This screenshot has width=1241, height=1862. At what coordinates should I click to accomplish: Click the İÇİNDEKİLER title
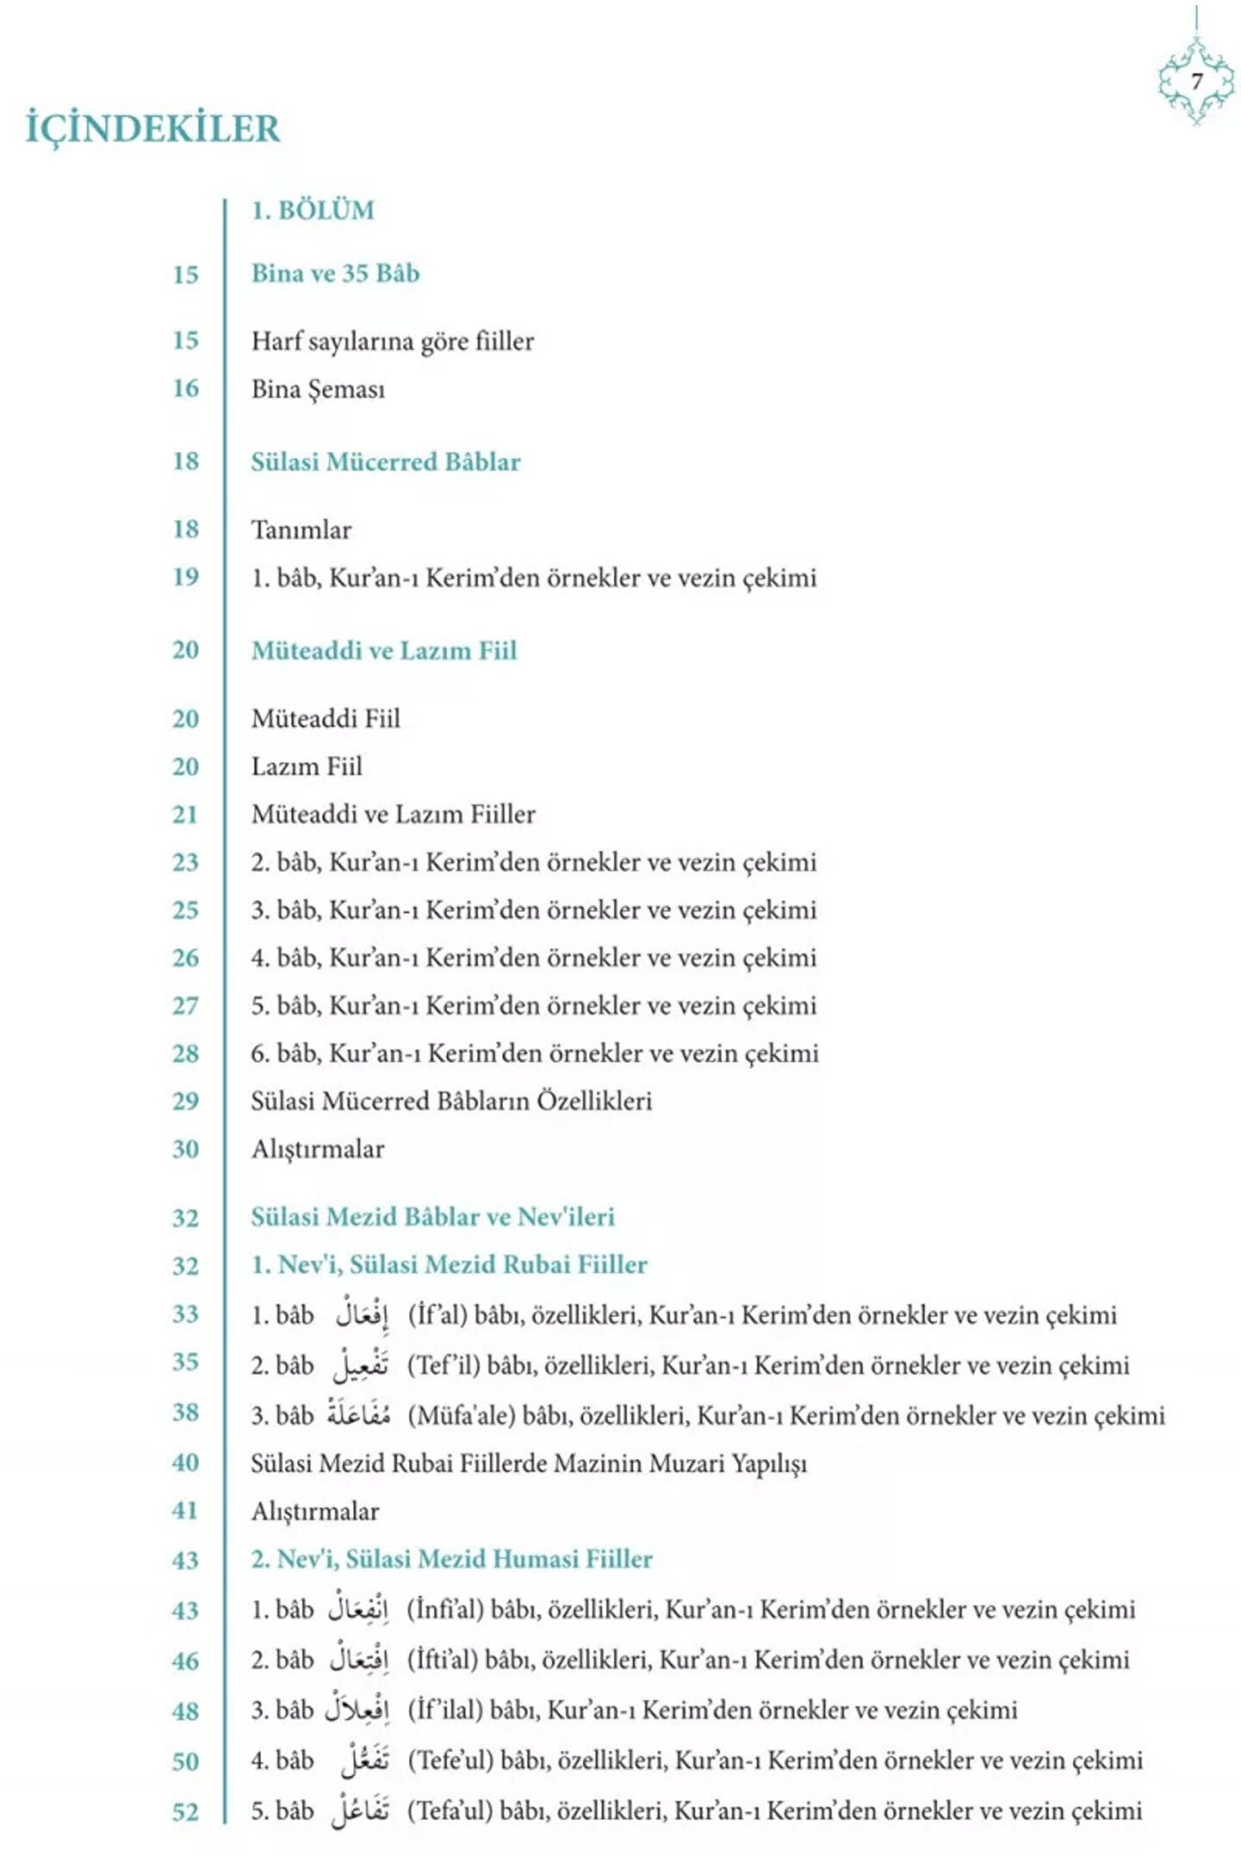click(153, 128)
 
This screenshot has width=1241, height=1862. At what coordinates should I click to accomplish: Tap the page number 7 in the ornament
click(1196, 82)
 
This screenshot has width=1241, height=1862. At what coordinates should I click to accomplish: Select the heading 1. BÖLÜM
click(313, 211)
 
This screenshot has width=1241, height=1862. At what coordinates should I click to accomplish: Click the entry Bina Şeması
click(318, 390)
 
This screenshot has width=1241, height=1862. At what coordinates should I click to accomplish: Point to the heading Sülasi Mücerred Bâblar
click(385, 462)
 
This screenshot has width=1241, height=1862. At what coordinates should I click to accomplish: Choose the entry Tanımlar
click(301, 530)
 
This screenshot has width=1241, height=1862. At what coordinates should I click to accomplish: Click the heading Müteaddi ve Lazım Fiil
click(384, 651)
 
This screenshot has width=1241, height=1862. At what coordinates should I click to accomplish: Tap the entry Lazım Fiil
click(306, 766)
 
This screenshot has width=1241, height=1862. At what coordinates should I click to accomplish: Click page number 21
click(185, 815)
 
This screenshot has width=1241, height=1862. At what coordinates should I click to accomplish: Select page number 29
click(185, 1101)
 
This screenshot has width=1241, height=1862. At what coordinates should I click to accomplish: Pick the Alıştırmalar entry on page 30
click(317, 1149)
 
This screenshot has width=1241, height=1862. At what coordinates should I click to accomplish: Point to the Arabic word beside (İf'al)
click(362, 1314)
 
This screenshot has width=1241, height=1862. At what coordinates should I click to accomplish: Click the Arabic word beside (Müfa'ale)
click(359, 1415)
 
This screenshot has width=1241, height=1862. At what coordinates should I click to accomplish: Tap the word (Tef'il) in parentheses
click(442, 1365)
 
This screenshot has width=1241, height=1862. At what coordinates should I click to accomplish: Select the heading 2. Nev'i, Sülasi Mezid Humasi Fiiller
click(452, 1559)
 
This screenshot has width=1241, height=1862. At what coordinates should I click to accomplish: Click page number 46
click(185, 1660)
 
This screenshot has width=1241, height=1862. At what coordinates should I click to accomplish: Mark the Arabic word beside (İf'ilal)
click(358, 1709)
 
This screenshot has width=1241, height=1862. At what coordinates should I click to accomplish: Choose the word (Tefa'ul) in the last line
click(447, 1810)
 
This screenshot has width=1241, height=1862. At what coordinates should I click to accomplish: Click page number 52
click(185, 1811)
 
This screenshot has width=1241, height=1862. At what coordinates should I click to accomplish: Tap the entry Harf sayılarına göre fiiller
click(392, 341)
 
